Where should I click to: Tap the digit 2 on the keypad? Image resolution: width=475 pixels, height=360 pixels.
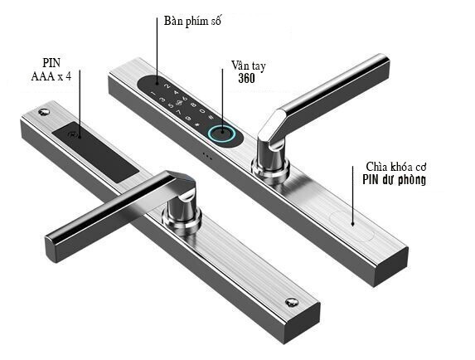point(166,85)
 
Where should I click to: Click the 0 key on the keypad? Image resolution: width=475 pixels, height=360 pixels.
point(201,111)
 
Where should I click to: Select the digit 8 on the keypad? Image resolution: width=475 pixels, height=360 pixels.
point(193,105)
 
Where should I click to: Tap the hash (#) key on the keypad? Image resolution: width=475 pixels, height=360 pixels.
point(211,118)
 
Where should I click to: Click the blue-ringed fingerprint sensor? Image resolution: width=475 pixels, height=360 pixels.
point(221,133)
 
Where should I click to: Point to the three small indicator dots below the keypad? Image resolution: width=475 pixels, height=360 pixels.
point(207,156)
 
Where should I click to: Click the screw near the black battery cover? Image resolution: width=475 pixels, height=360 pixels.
point(44,112)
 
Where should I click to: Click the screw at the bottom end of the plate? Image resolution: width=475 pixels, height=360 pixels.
point(292,302)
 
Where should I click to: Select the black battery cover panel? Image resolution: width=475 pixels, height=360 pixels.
point(95,152)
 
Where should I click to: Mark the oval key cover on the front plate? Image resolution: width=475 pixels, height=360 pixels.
point(351,226)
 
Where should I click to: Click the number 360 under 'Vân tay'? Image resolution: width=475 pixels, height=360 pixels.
point(246,79)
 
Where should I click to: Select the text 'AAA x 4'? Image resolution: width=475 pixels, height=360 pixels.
point(51,76)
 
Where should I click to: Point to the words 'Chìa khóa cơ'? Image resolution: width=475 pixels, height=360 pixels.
point(396,167)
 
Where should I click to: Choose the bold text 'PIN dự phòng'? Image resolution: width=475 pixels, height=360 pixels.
point(394,180)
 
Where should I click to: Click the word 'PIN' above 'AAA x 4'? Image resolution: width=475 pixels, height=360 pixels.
point(51,63)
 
